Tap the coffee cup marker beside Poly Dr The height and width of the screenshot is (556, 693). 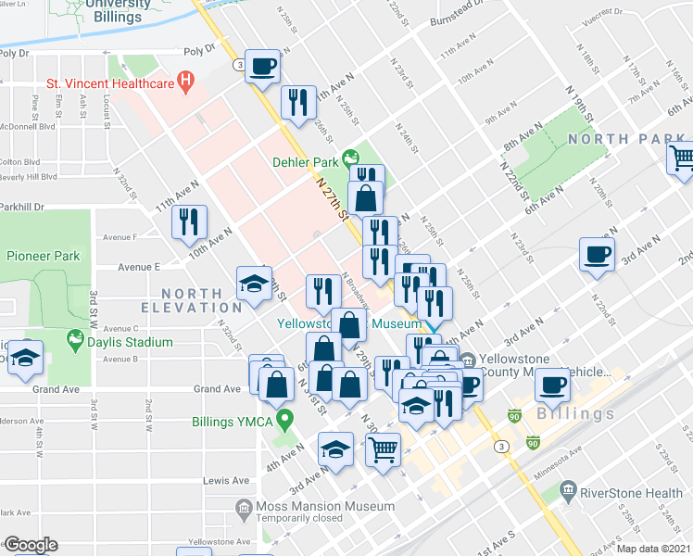point(263,68)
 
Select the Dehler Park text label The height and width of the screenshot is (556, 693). point(305,161)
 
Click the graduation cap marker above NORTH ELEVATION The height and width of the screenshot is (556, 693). point(253,285)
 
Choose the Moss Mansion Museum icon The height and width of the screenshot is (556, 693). point(244,507)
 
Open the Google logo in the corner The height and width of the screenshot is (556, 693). point(30,545)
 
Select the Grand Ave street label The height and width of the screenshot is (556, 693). point(216,389)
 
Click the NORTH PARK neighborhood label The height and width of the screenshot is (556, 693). point(625,139)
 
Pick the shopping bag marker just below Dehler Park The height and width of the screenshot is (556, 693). point(366,198)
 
